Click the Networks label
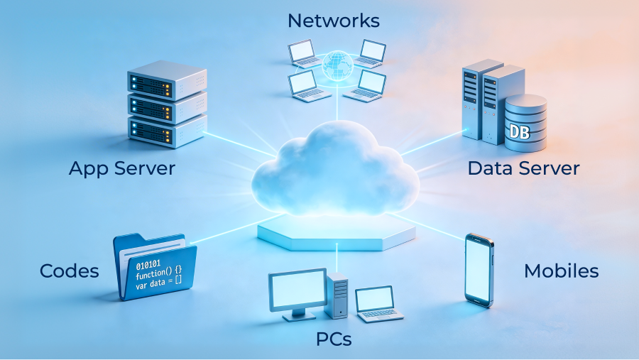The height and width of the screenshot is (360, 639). [333, 20]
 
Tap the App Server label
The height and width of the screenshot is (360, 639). [122, 168]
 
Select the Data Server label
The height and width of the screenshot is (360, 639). [523, 168]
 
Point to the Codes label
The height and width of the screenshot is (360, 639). [69, 271]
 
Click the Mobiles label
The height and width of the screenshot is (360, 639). [561, 271]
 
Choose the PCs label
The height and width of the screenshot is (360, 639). [334, 339]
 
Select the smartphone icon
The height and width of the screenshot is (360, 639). [479, 270]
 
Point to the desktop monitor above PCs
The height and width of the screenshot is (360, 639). [297, 293]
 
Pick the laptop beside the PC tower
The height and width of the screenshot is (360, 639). [377, 302]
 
